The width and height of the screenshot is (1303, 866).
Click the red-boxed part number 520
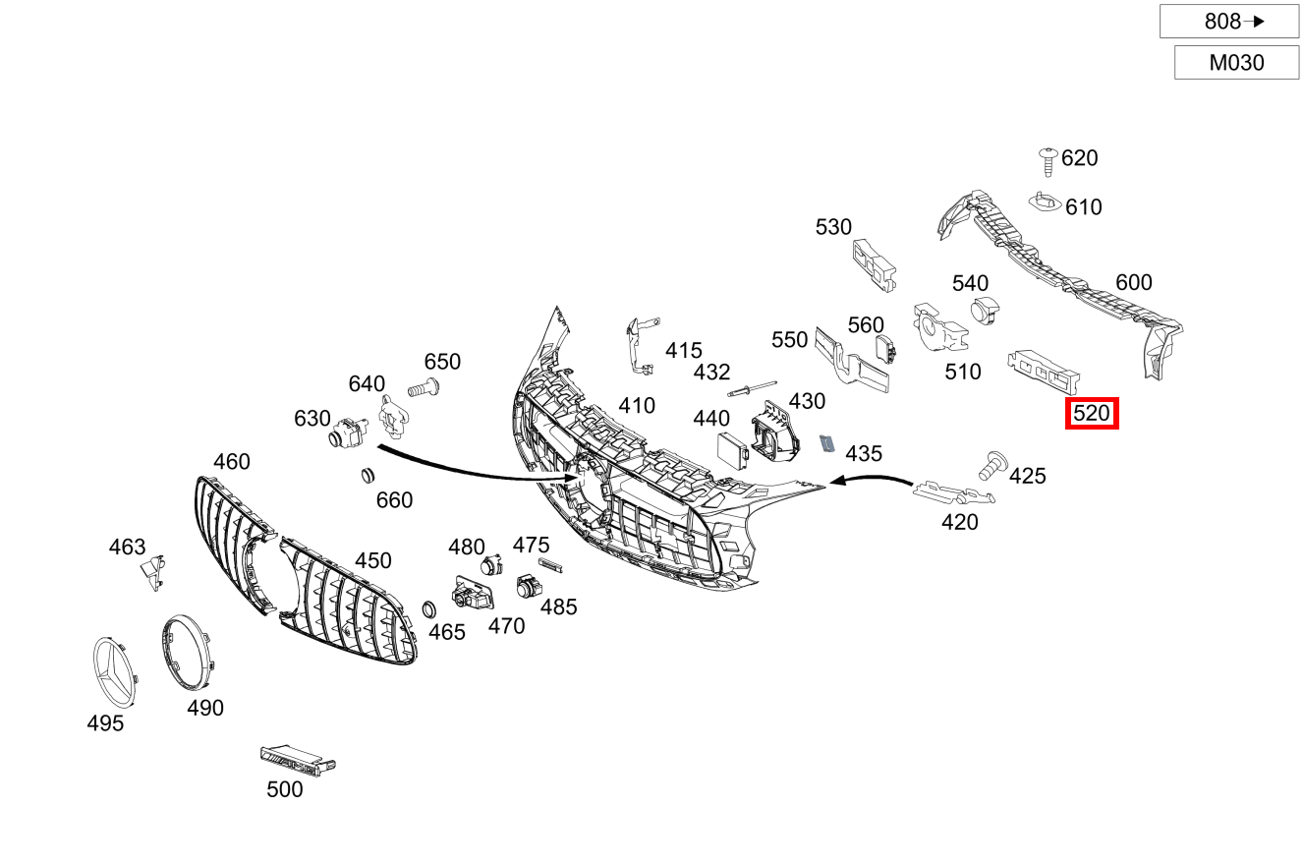(x=1092, y=414)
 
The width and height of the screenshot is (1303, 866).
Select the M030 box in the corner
(x=1236, y=64)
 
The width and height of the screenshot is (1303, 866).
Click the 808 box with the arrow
(x=1228, y=21)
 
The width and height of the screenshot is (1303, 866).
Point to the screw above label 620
(x=1048, y=160)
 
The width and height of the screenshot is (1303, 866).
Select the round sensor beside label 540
(x=984, y=311)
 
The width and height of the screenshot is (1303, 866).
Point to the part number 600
(x=1133, y=283)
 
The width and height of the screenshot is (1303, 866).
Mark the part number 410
(x=636, y=406)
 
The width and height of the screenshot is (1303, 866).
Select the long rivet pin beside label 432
(x=752, y=387)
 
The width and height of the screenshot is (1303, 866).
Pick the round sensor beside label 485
(x=528, y=589)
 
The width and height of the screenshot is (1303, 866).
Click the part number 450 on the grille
(x=372, y=560)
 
